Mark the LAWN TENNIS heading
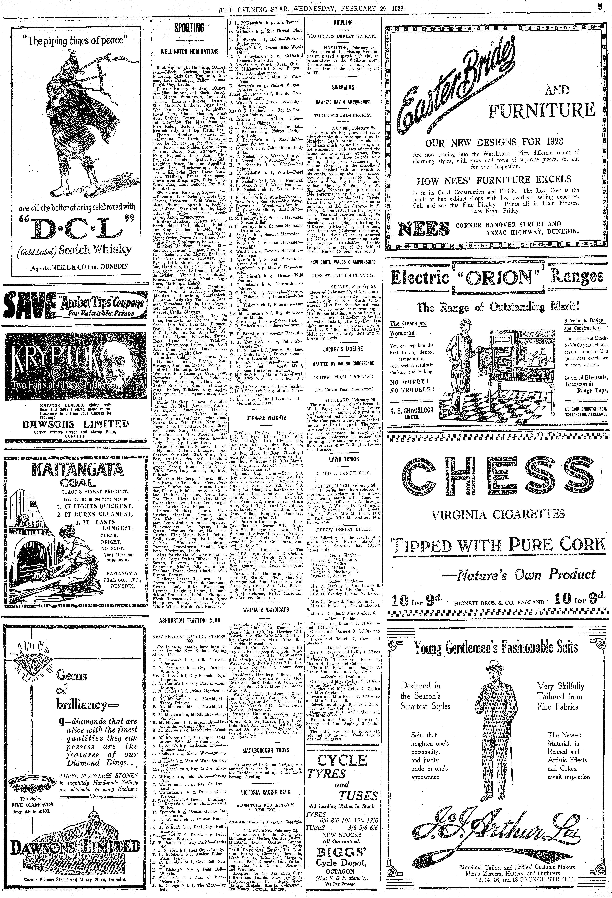[x=343, y=459]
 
